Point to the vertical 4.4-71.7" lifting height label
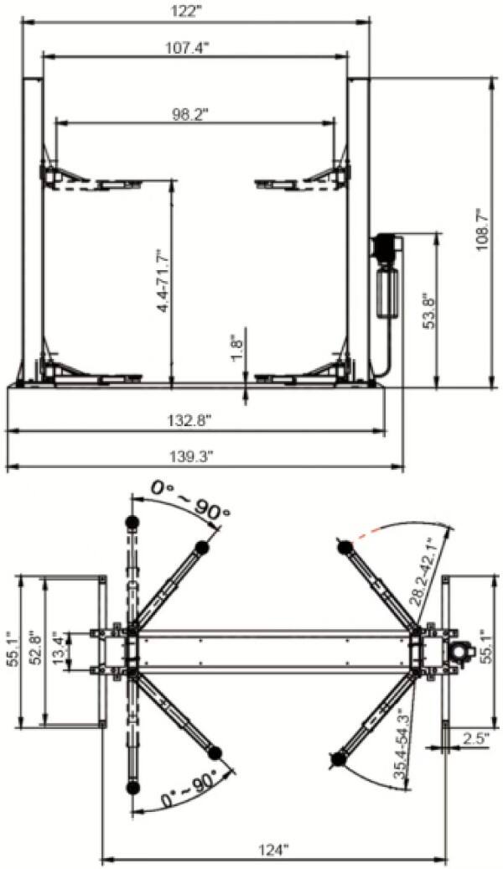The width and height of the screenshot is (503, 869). [162, 280]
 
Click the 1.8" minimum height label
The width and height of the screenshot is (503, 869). [236, 343]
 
